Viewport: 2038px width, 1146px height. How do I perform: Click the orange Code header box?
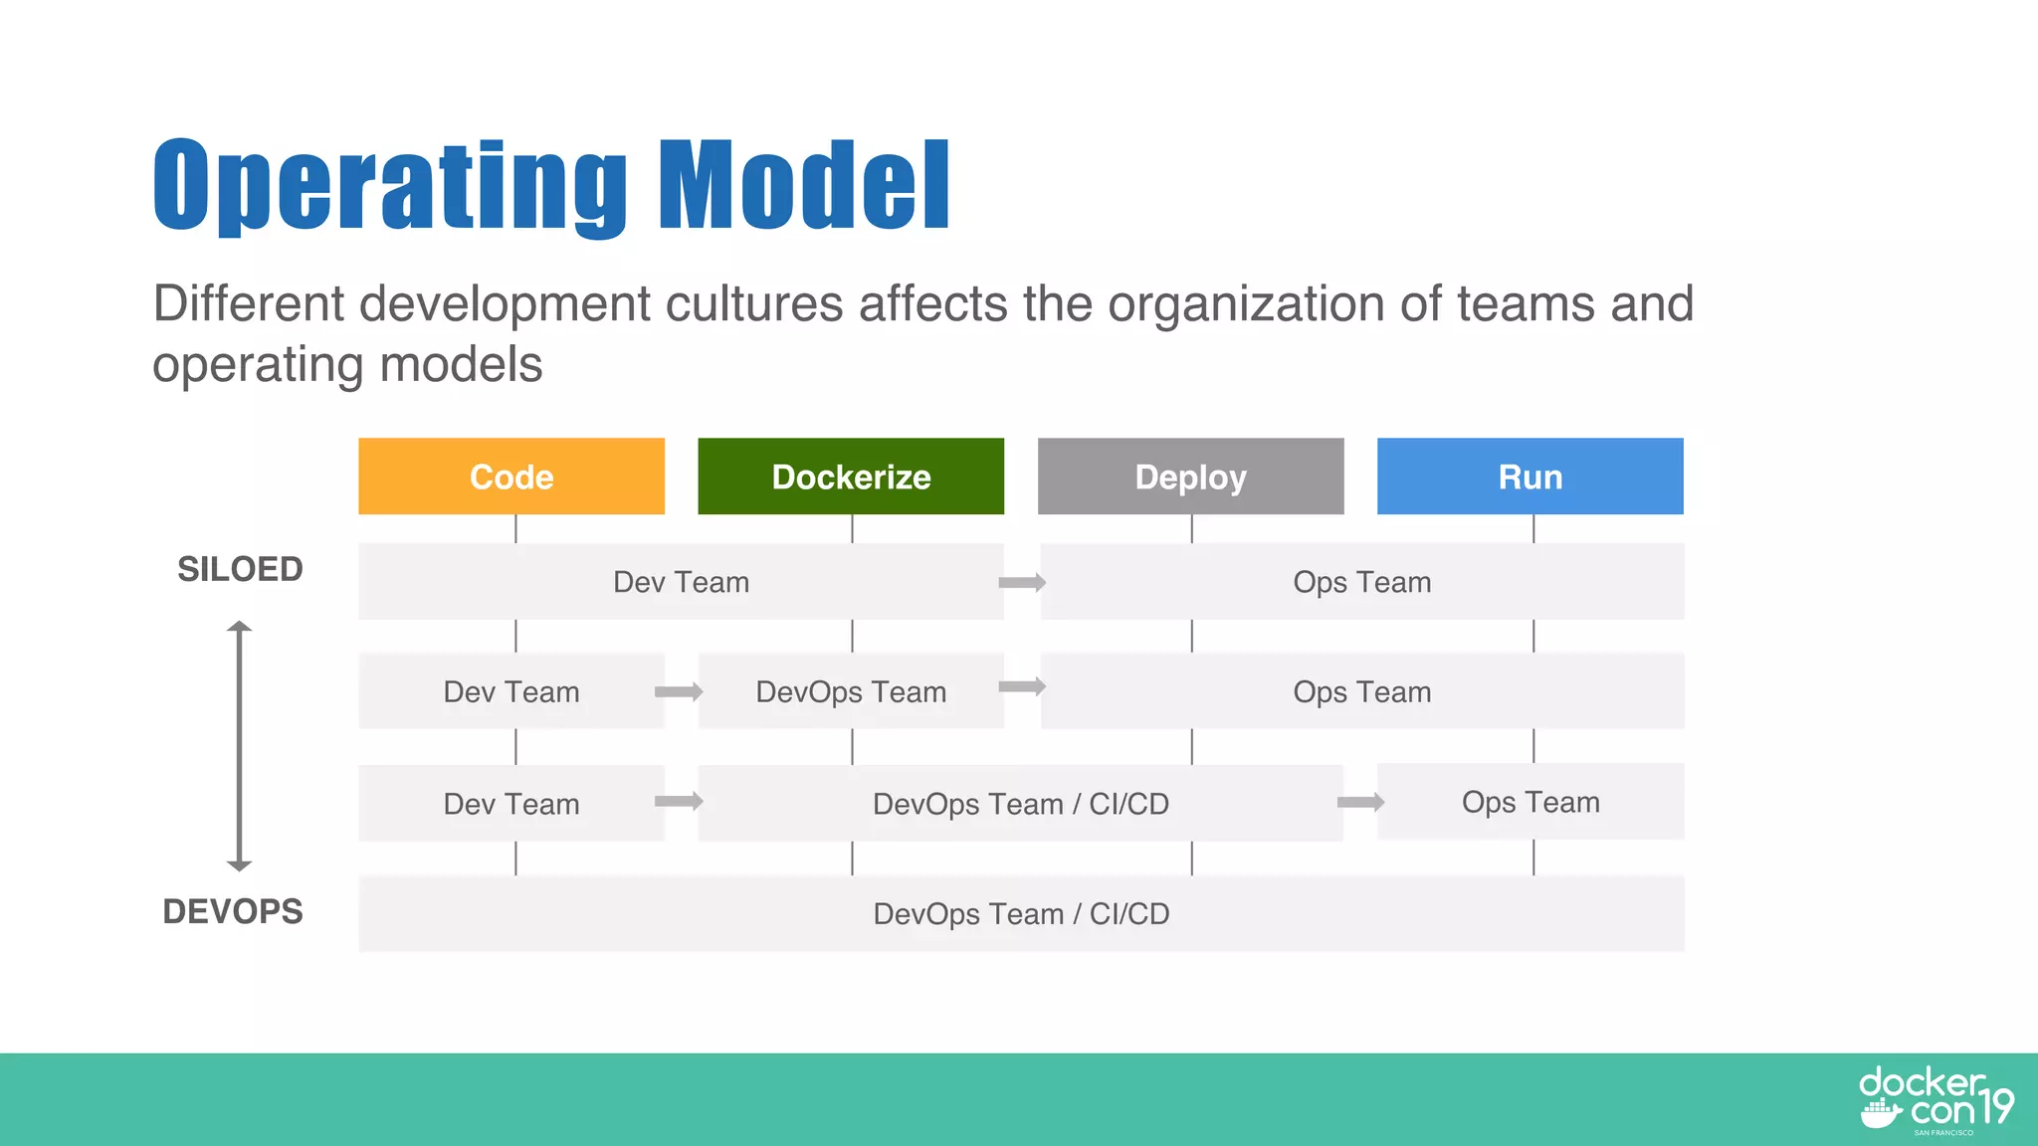tap(511, 477)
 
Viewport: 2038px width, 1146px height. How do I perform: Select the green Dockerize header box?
tap(851, 477)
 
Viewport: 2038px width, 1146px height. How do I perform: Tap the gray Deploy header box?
tap(1190, 477)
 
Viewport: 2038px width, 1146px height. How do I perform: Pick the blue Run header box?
tap(1529, 477)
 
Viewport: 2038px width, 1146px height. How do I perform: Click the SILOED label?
tap(240, 569)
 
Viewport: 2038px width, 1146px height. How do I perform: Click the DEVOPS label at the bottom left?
tap(233, 911)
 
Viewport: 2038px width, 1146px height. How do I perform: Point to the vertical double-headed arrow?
tap(239, 746)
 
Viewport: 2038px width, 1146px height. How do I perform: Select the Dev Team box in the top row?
tap(681, 582)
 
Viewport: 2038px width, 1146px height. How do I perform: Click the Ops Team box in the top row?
tap(1361, 582)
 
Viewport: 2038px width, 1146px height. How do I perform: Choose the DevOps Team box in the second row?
tap(851, 691)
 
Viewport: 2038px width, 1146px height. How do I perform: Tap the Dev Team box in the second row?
tap(511, 691)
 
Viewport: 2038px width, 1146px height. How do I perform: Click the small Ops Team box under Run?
tap(1530, 802)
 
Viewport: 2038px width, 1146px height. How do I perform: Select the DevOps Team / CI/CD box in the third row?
tap(1021, 804)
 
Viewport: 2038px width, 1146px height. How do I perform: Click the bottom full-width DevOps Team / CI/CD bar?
tap(1021, 913)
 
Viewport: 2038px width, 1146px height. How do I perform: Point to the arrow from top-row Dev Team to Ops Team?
tap(1022, 583)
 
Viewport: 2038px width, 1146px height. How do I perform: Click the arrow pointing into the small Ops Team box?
tap(1360, 803)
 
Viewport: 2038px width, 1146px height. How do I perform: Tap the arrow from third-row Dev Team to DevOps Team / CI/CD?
tap(679, 802)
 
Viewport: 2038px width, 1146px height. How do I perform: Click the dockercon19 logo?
tap(1935, 1100)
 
